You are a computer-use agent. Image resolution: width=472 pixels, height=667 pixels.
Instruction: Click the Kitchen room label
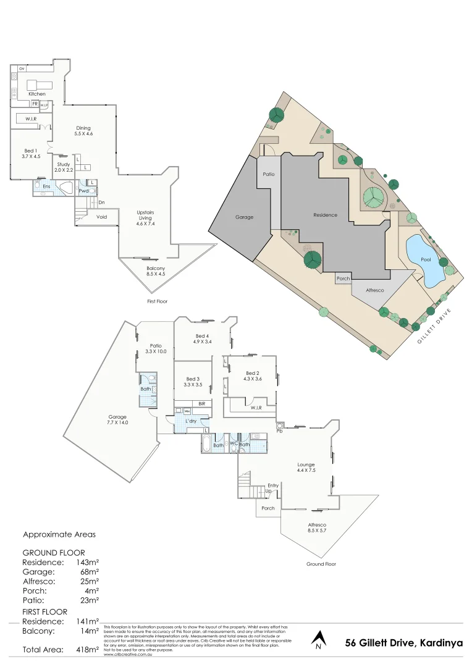coord(37,94)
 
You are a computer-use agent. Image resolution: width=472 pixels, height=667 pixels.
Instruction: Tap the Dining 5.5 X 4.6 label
coord(83,131)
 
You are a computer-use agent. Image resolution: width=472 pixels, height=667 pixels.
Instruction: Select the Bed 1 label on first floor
coord(31,154)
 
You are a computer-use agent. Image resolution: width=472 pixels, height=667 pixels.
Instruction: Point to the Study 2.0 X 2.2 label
coord(64,167)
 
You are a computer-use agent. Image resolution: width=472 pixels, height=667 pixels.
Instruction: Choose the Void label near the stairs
coord(102,217)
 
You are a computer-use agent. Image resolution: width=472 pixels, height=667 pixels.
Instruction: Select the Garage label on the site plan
coord(245,217)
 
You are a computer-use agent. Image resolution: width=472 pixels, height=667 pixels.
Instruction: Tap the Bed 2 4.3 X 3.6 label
coord(252,376)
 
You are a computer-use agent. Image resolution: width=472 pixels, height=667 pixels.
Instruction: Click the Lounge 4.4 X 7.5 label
coord(306,468)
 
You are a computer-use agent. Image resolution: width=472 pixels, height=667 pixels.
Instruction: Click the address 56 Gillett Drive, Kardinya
coord(403,643)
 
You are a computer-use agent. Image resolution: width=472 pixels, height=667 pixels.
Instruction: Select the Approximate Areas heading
coord(59,534)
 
